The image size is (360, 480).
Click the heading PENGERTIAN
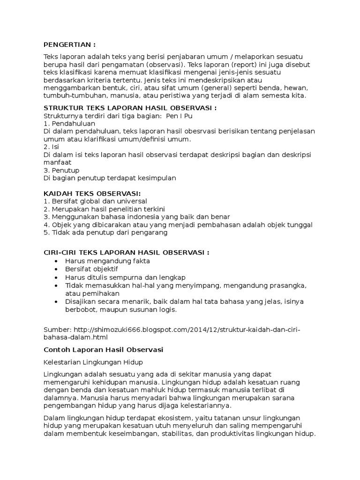click(x=69, y=45)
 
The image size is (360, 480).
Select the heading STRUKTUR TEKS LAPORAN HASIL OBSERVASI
click(x=130, y=108)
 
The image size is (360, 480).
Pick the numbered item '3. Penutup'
click(x=61, y=170)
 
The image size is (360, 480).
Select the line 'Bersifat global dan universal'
click(x=98, y=201)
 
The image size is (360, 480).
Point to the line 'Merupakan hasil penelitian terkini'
click(x=107, y=209)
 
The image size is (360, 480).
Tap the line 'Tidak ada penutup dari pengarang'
click(x=105, y=232)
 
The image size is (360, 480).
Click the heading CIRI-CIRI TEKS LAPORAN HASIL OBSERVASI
click(x=126, y=252)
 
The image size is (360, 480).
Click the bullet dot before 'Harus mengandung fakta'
click(x=57, y=261)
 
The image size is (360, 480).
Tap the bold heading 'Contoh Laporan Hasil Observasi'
click(x=103, y=350)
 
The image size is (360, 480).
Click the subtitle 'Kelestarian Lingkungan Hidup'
click(x=93, y=362)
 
